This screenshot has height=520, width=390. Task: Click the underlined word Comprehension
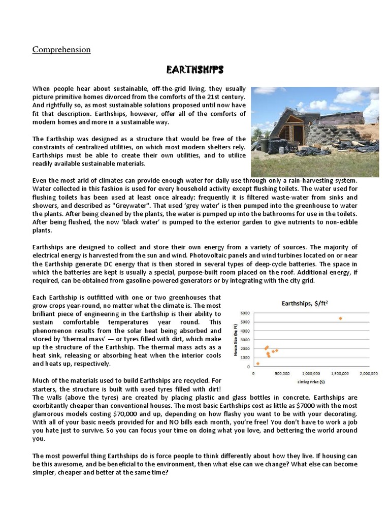click(61, 50)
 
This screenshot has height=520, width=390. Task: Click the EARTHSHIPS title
click(195, 69)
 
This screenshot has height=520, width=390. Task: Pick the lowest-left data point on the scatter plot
click(257, 364)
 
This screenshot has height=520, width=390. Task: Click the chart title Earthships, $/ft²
click(304, 303)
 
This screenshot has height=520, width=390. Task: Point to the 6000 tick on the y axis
click(245, 313)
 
